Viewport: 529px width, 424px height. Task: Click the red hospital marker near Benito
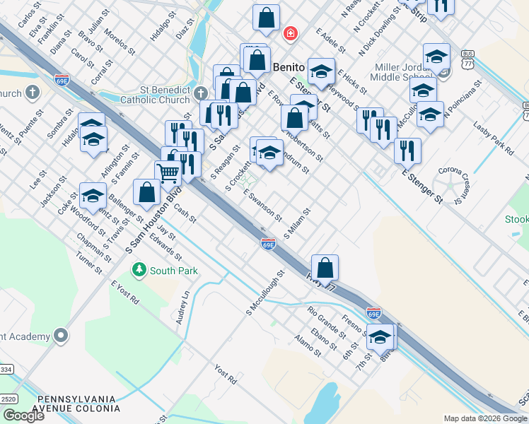click(x=290, y=33)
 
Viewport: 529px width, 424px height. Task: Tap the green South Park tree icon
click(x=139, y=269)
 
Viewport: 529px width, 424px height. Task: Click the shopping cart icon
click(x=168, y=172)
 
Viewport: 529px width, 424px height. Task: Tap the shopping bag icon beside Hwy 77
click(x=325, y=268)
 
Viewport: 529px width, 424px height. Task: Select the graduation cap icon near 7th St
click(x=380, y=337)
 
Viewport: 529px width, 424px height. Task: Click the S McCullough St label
click(x=264, y=292)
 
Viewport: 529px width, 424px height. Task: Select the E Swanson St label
click(x=262, y=204)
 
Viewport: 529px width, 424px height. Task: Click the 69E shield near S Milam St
click(x=268, y=244)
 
